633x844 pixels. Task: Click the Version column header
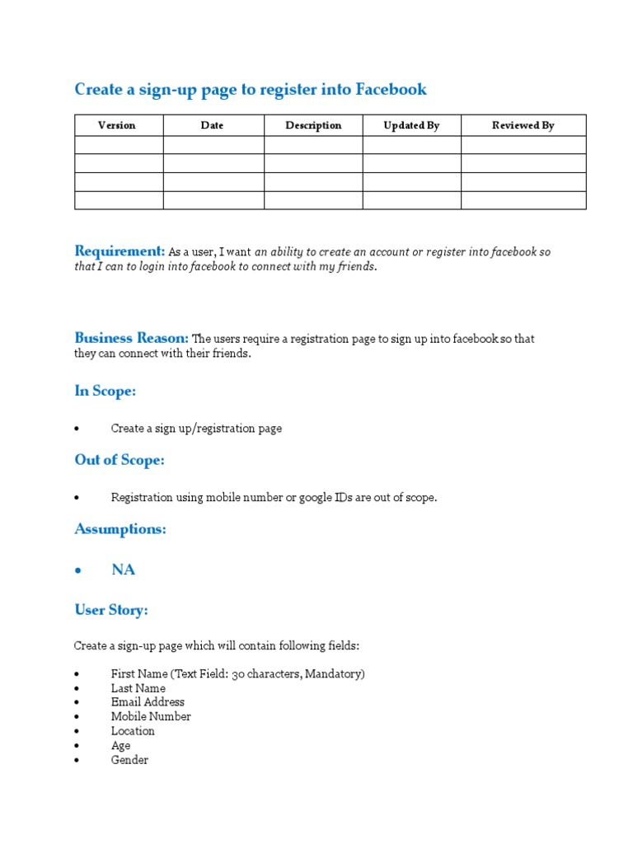click(x=117, y=125)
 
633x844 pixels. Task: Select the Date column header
click(x=212, y=125)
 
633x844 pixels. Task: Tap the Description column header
click(x=313, y=125)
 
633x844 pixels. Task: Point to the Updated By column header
click(x=411, y=125)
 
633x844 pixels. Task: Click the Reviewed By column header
click(x=523, y=125)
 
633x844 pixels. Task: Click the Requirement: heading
click(x=120, y=251)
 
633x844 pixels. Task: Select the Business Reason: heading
click(x=132, y=337)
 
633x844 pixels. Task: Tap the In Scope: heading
click(x=105, y=392)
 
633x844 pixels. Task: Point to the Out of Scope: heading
click(x=120, y=460)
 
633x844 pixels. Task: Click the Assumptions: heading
click(x=120, y=529)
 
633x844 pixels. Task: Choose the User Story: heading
click(x=111, y=610)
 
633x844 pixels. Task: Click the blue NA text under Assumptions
click(x=123, y=570)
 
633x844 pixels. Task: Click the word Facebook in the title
click(x=392, y=89)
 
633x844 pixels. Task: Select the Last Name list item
click(x=138, y=688)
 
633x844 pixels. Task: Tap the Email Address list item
click(x=148, y=702)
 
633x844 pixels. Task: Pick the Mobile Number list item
click(x=151, y=716)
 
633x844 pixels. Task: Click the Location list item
click(x=133, y=731)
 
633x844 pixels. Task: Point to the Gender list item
click(x=129, y=760)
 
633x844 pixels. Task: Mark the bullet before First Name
click(x=77, y=674)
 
